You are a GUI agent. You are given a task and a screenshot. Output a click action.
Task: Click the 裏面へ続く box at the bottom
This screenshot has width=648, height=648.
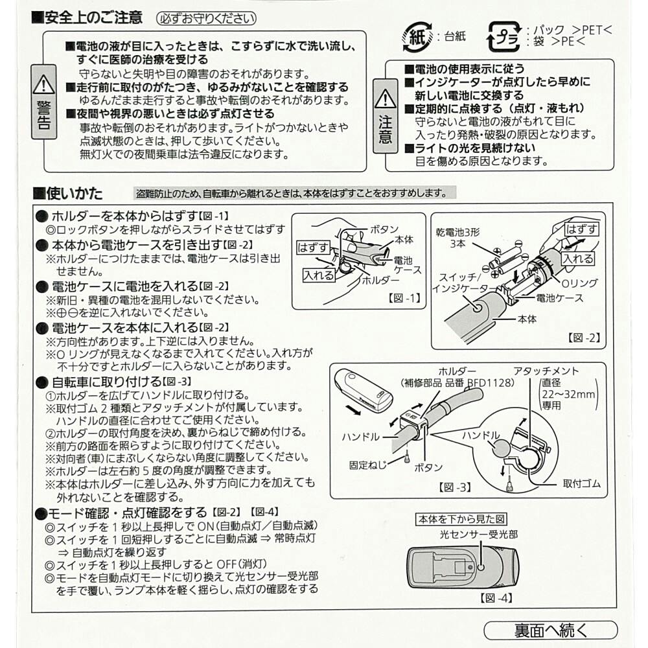coord(550,631)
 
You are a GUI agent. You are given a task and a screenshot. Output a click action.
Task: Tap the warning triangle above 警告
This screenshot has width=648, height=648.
coord(43,84)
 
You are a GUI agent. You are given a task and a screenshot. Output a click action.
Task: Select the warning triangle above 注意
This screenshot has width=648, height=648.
coord(385,98)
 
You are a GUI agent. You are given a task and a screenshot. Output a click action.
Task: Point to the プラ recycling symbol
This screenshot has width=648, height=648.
coord(504,37)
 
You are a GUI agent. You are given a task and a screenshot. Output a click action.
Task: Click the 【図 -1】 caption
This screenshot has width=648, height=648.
coord(404,297)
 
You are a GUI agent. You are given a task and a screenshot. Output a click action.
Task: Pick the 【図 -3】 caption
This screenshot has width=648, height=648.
coord(455,487)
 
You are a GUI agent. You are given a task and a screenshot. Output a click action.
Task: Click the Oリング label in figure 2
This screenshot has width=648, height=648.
coord(579,283)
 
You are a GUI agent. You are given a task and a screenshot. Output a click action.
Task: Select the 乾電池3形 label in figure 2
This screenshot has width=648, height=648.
coord(458,232)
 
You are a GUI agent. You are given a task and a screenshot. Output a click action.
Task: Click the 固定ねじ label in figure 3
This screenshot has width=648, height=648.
coord(368,465)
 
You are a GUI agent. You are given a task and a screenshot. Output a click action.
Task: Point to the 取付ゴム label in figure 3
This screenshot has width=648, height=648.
coord(582,483)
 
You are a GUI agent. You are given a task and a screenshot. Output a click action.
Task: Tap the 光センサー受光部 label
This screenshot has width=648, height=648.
coord(479,535)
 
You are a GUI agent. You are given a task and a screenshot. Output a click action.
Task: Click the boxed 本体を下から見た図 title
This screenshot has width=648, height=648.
coord(461,519)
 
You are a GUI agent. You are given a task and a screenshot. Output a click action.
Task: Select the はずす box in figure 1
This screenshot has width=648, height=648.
coord(313,248)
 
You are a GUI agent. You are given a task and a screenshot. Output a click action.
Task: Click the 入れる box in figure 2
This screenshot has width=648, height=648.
coord(578,259)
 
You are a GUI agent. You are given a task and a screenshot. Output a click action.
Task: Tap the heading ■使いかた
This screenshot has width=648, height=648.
coord(68,193)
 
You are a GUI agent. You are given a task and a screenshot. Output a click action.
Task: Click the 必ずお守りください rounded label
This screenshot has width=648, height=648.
coord(206,19)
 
